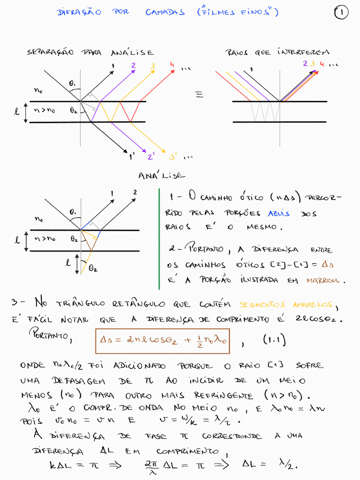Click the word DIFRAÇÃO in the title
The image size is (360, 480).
(x=79, y=13)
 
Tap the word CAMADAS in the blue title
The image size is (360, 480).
(x=165, y=13)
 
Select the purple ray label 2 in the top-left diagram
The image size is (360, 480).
(x=133, y=66)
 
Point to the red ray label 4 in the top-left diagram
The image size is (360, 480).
(x=172, y=65)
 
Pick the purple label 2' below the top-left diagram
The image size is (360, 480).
(x=151, y=157)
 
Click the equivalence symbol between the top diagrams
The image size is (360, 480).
(x=199, y=95)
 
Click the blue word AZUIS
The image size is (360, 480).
(x=278, y=213)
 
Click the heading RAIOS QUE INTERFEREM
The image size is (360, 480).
(x=277, y=52)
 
